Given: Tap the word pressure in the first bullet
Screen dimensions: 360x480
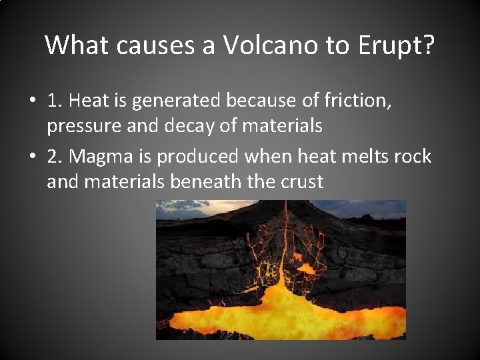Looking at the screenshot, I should (81, 125).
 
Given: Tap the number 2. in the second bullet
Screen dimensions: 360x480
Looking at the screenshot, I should (55, 157).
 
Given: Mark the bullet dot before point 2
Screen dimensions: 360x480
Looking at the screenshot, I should (32, 157).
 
